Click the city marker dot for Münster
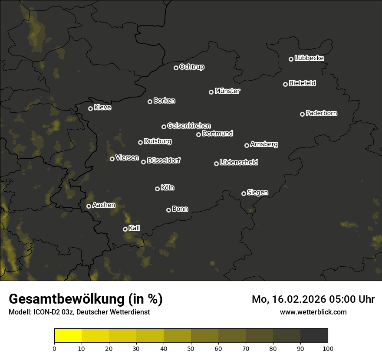[211, 92]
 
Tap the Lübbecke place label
[309, 58]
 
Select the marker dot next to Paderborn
[303, 114]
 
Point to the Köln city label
[168, 188]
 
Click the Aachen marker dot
[89, 206]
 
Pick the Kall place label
[135, 228]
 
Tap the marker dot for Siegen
[244, 193]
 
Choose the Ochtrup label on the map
[191, 67]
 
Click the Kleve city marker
[91, 108]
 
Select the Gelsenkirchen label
[189, 126]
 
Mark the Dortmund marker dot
[199, 134]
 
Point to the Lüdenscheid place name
[239, 163]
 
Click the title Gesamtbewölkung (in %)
[86, 299]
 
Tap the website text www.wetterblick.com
[313, 312]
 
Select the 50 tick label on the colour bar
[191, 348]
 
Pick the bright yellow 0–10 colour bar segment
[68, 336]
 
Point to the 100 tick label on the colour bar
[327, 348]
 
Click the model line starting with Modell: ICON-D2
[79, 312]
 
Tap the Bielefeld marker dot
[286, 84]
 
